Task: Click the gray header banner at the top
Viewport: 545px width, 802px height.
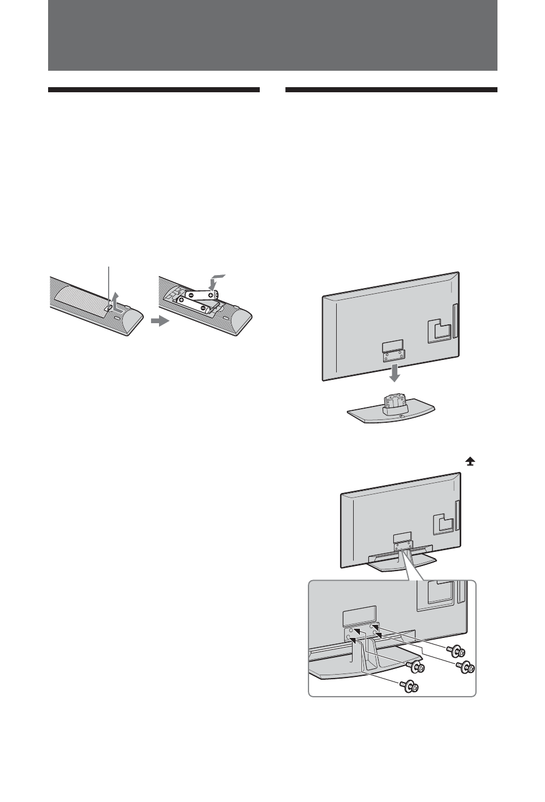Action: click(x=272, y=35)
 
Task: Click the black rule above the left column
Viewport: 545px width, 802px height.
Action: click(x=153, y=89)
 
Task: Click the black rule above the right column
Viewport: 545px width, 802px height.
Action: click(x=391, y=89)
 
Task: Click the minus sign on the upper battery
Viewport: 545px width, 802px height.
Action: click(x=191, y=295)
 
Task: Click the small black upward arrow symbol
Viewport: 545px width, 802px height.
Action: click(x=470, y=462)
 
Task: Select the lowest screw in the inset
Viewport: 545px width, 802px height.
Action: click(x=409, y=687)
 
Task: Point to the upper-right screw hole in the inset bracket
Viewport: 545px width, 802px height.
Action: click(x=372, y=626)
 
